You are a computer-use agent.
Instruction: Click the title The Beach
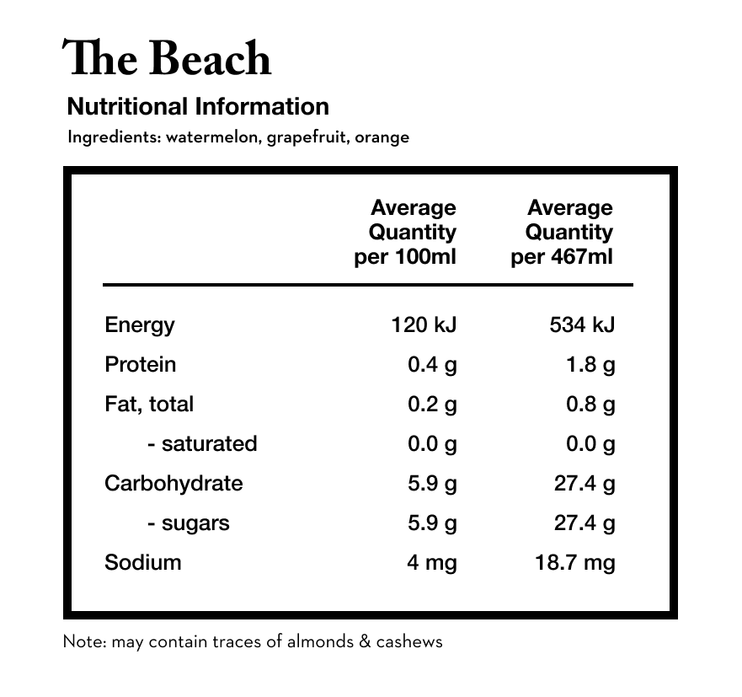click(x=167, y=59)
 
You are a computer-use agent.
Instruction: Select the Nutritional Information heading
click(x=197, y=107)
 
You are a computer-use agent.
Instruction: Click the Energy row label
click(x=139, y=325)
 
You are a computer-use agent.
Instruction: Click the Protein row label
click(x=140, y=365)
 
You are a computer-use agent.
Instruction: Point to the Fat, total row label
click(x=148, y=405)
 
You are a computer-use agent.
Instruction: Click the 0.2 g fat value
click(x=432, y=405)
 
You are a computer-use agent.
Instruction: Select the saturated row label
click(x=202, y=444)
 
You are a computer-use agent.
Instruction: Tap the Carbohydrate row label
click(x=173, y=484)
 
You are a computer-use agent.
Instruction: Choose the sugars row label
click(x=188, y=523)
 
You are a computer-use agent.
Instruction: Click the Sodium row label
click(x=142, y=562)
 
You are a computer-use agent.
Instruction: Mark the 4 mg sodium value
click(x=432, y=562)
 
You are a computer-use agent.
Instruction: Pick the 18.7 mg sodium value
click(x=575, y=562)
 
